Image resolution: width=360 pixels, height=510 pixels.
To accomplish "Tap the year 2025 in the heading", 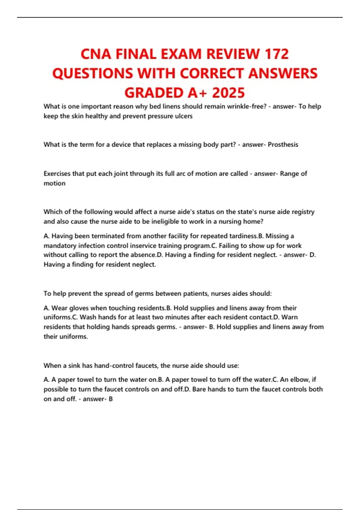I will click(228, 93).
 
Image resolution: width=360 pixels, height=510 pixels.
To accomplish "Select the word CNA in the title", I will click(96, 54).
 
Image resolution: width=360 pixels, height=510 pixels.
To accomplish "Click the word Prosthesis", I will click(283, 145).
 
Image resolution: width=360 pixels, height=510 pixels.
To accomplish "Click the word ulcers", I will click(183, 116).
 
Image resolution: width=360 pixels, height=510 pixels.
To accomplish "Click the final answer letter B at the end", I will click(111, 399).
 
